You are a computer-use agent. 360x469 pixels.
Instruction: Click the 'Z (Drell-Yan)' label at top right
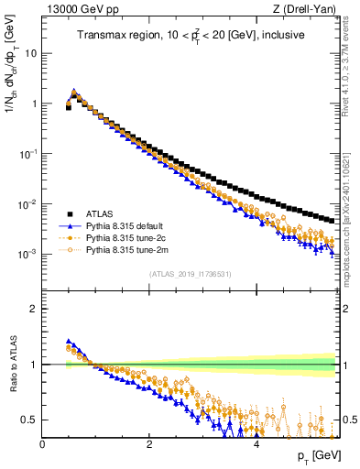[309, 9]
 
